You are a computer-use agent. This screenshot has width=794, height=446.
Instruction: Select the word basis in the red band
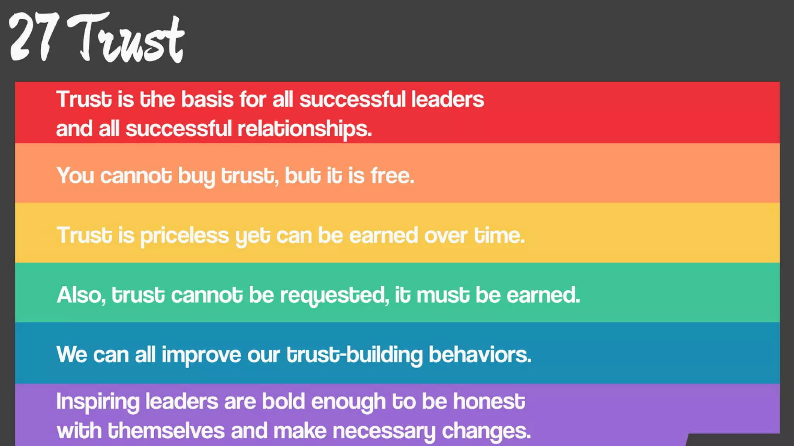(x=207, y=99)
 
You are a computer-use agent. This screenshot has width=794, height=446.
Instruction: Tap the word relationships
(x=304, y=129)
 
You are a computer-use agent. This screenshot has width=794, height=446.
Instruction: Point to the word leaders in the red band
(x=447, y=99)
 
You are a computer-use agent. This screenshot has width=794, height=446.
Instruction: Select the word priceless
(x=185, y=236)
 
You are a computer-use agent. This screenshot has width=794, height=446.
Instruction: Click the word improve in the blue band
(x=201, y=355)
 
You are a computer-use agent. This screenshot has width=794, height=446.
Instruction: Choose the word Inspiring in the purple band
(x=98, y=402)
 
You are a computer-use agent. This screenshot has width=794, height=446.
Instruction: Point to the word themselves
(x=166, y=431)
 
